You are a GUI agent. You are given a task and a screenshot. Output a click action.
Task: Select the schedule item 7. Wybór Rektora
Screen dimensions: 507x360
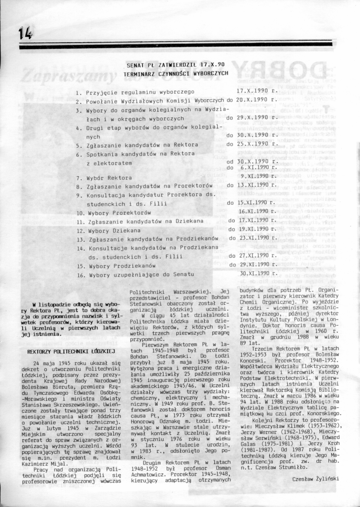click(104, 178)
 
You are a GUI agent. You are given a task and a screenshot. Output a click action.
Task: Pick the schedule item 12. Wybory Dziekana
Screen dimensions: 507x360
click(109, 230)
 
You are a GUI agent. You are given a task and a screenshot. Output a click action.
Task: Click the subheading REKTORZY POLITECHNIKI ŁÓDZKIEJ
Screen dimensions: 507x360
click(70, 351)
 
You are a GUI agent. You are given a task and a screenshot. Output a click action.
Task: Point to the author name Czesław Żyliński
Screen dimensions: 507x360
click(315, 479)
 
